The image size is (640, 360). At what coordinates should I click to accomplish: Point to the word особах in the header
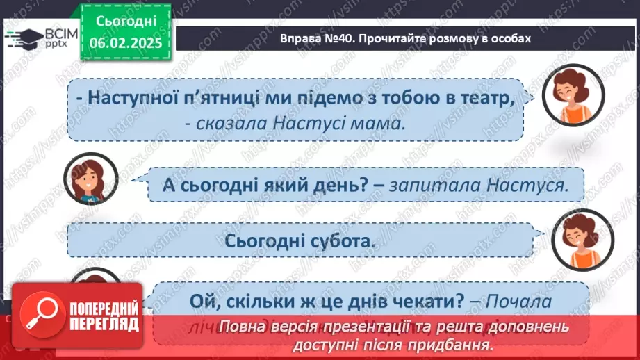click(x=508, y=39)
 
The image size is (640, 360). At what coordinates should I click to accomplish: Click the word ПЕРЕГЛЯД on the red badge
click(x=104, y=325)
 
